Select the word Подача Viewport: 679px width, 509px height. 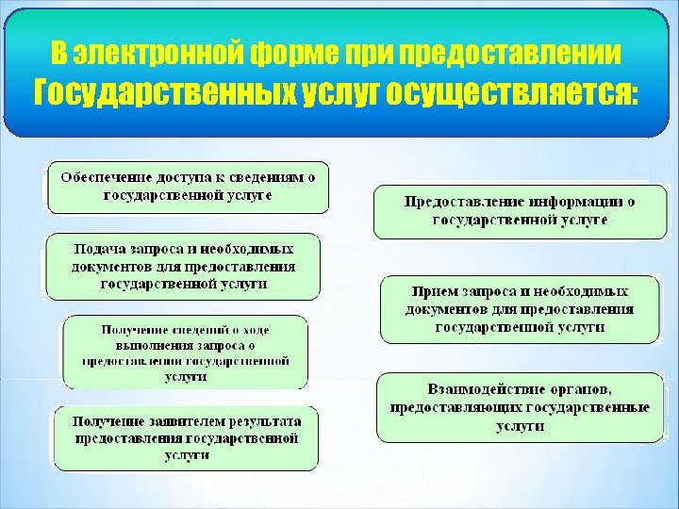[x=99, y=250]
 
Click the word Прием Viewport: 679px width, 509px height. [x=437, y=292]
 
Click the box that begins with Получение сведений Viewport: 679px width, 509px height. [x=185, y=352]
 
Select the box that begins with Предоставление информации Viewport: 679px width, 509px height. [x=520, y=211]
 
